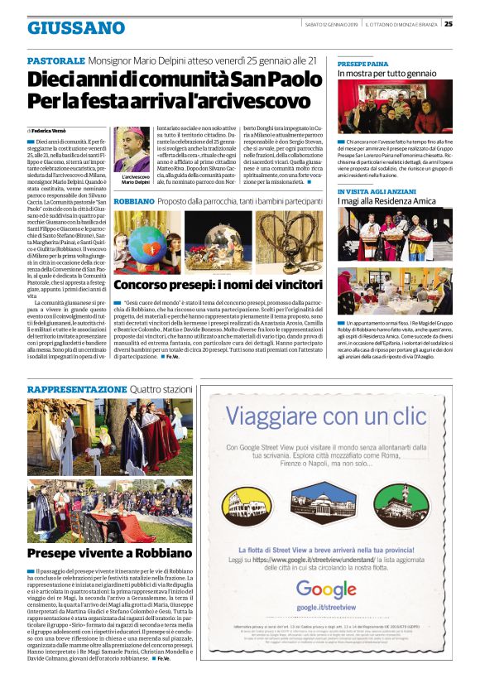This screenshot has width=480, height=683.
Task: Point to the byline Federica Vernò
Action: (x=50, y=131)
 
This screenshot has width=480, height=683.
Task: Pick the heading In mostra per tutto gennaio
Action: (x=386, y=74)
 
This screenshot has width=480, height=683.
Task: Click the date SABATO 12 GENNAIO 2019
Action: (x=331, y=23)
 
